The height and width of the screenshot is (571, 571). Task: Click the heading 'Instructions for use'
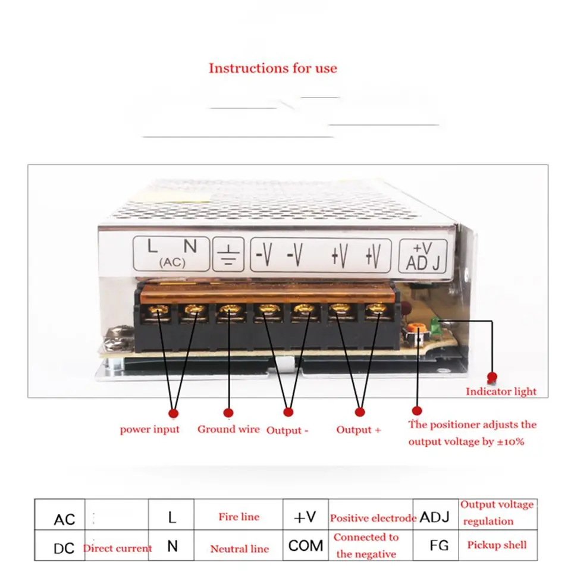pos(272,68)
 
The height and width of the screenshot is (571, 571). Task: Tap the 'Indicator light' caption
pos(501,391)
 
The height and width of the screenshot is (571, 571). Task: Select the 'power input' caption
pos(149,429)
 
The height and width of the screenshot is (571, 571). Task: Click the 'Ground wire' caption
pos(228,429)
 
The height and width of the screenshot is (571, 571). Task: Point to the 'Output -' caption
pos(287,430)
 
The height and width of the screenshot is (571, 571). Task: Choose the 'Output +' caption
pos(358,429)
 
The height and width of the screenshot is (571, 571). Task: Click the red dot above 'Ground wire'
pos(228,412)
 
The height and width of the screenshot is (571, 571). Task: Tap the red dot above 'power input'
pos(174,412)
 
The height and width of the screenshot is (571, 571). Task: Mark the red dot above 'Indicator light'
pos(492,377)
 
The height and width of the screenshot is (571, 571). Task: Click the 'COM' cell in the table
pos(306,545)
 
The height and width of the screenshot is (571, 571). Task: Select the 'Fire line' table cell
pos(239,517)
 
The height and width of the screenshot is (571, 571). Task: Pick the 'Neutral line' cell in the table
pos(239,549)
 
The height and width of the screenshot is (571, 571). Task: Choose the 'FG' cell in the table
pos(435,545)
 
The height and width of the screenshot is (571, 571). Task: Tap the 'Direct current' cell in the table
pos(117,548)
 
